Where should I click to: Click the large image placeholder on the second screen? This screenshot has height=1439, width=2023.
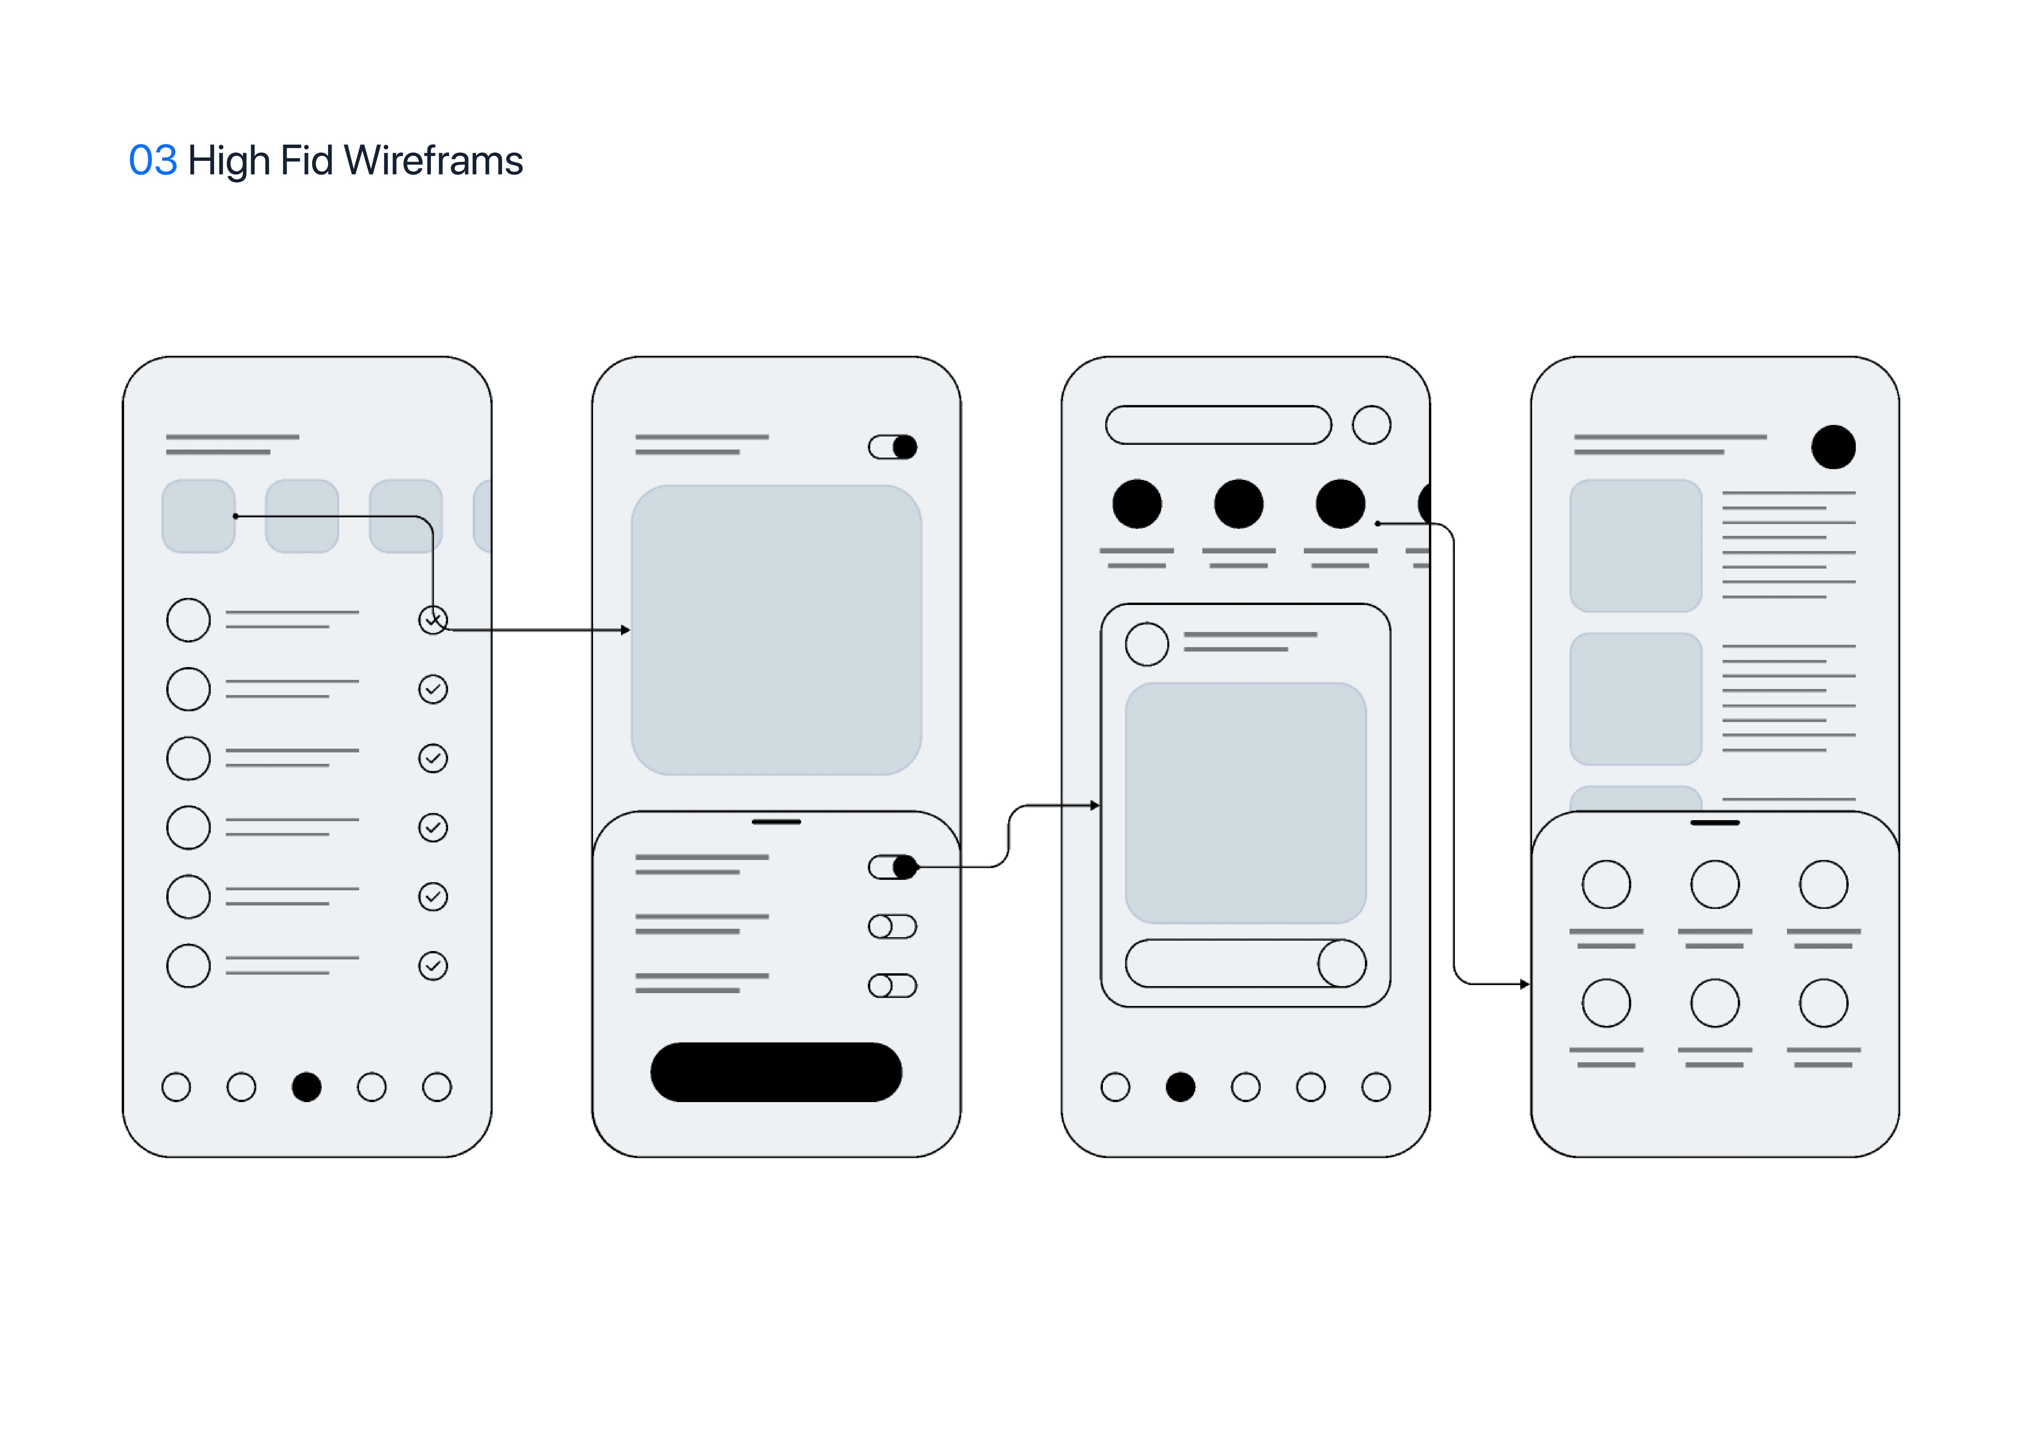776,630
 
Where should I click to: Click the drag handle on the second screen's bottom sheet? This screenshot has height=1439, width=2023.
776,822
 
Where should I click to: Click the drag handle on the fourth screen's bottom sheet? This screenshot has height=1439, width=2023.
1715,823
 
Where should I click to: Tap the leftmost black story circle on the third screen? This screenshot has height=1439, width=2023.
1136,504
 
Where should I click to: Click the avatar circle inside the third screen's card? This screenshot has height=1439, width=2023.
1146,644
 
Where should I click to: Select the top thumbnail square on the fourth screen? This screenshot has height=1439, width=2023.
1635,546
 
